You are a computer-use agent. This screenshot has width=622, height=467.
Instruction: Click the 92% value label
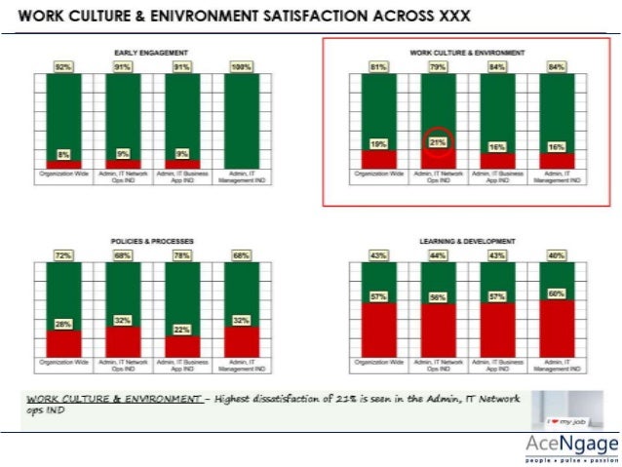(x=63, y=67)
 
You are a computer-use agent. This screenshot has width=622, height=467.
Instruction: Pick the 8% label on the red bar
(x=63, y=153)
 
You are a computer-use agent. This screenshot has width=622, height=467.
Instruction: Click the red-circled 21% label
(x=438, y=143)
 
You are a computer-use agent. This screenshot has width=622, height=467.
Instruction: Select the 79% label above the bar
(x=438, y=67)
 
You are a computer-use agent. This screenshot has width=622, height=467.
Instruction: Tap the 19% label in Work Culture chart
(x=378, y=144)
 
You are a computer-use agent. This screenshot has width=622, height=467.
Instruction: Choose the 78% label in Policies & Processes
(x=182, y=255)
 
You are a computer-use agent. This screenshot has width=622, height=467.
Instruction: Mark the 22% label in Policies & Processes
(x=182, y=330)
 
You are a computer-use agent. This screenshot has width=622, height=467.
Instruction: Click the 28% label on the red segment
(x=63, y=324)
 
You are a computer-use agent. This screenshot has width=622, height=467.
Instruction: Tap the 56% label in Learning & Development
(x=438, y=296)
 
